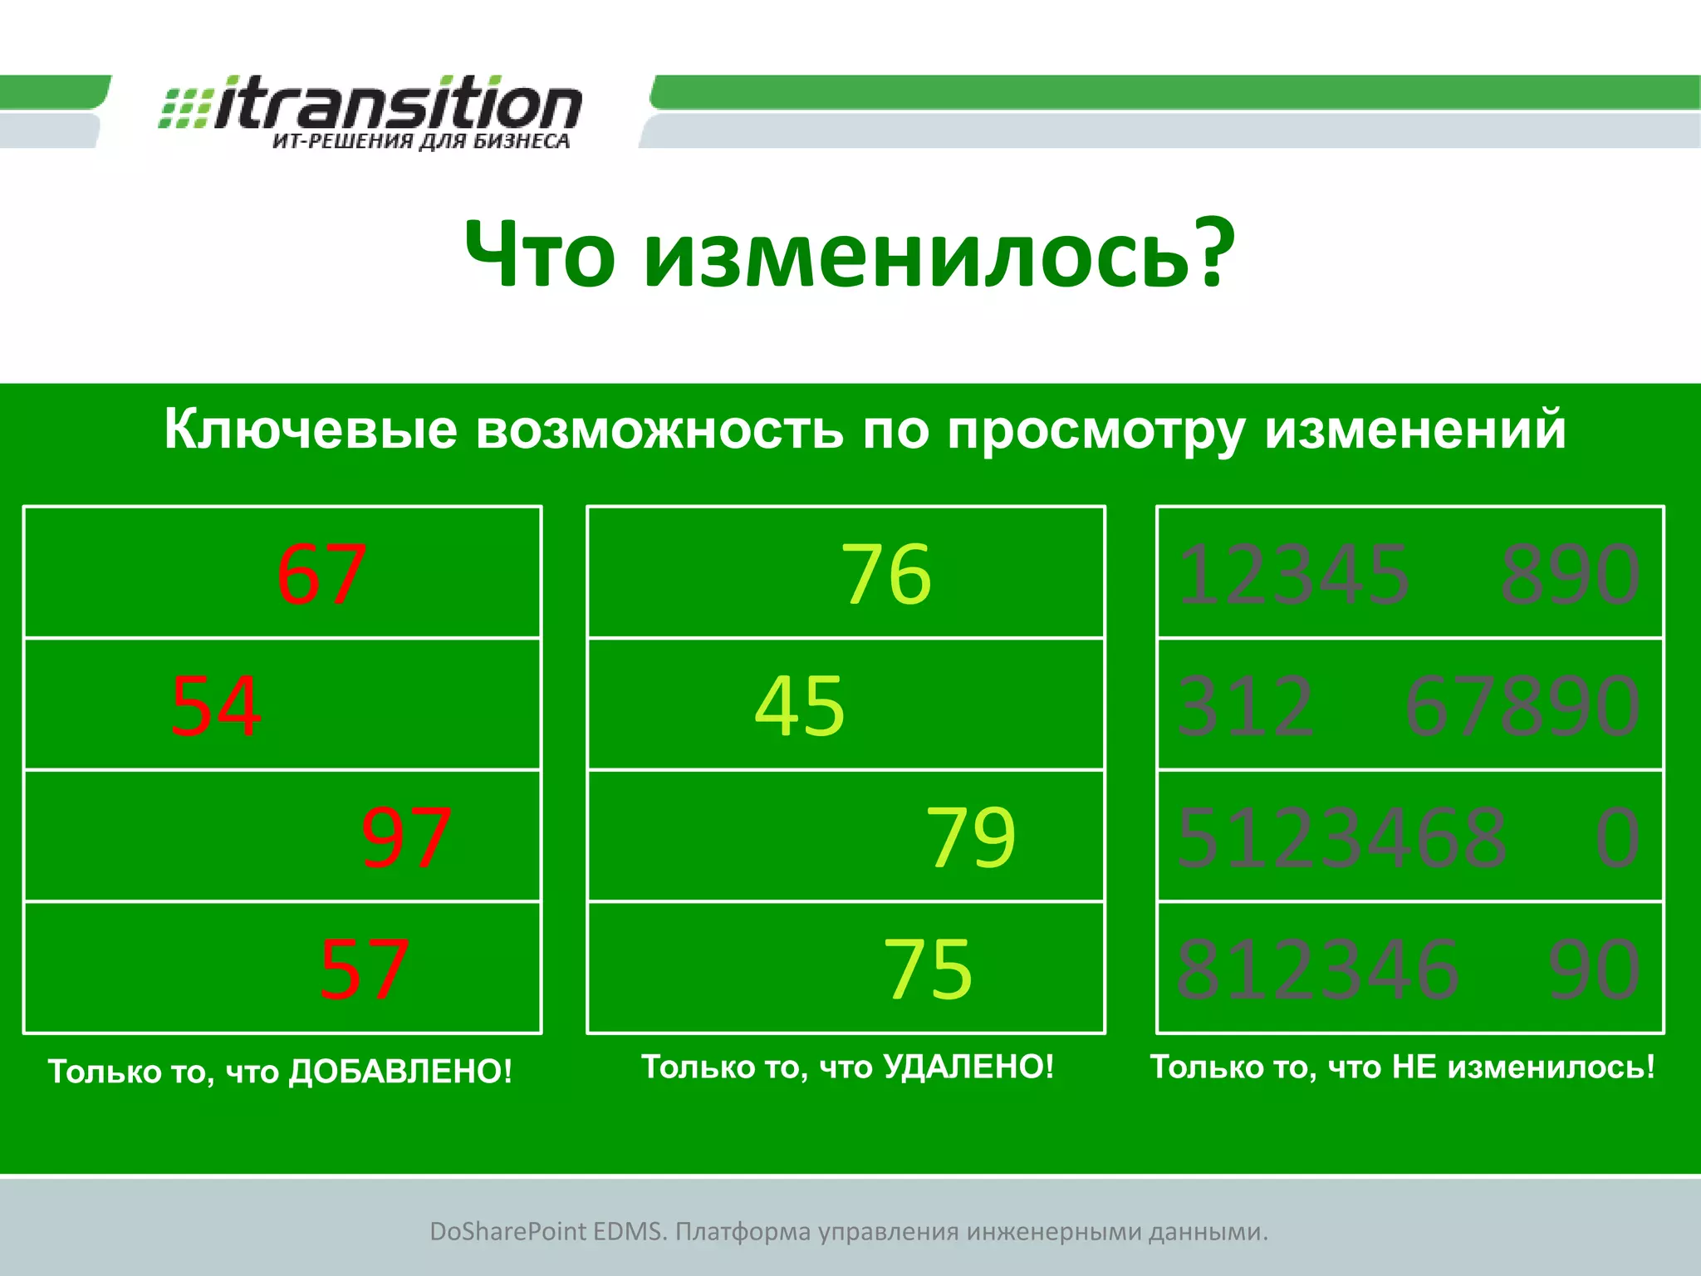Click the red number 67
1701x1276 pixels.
(x=321, y=574)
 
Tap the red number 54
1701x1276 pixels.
(x=216, y=706)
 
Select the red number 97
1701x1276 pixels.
(x=406, y=837)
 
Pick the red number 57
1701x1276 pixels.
(x=364, y=969)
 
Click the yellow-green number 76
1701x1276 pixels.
(x=886, y=574)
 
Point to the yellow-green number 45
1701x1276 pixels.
(x=800, y=706)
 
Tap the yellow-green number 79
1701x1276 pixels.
(x=971, y=837)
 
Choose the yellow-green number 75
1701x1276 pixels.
(x=928, y=969)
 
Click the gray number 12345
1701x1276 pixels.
(x=1293, y=574)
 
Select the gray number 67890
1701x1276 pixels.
(x=1522, y=706)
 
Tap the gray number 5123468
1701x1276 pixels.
(x=1341, y=837)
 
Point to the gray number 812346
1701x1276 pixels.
(x=1317, y=969)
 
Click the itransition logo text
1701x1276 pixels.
(x=397, y=106)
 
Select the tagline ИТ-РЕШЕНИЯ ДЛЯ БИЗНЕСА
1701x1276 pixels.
(x=421, y=142)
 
